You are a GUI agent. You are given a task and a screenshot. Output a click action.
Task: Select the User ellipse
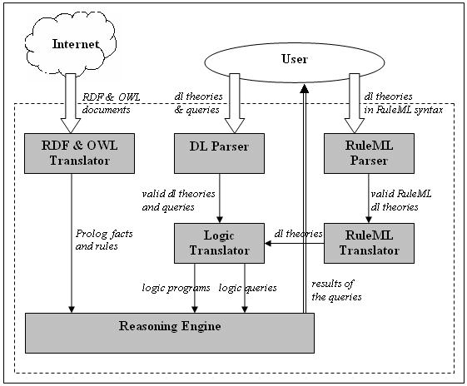tap(295, 59)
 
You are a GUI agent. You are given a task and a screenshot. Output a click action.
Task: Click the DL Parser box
tap(218, 153)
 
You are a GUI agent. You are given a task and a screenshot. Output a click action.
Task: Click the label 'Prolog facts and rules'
tap(105, 240)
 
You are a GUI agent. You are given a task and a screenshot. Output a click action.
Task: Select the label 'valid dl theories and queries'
tap(168, 200)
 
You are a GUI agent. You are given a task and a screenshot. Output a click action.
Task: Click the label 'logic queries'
tap(248, 288)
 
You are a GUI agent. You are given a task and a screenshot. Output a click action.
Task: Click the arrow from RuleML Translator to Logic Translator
tap(296, 243)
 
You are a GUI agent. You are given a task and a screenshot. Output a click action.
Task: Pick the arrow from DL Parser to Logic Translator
tap(218, 199)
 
